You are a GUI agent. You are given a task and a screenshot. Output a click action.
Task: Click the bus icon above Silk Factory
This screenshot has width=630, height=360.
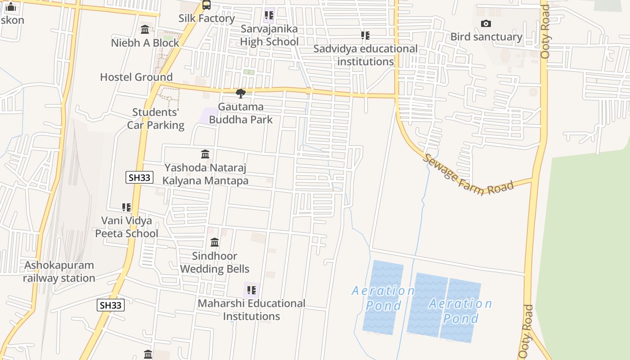click(206, 5)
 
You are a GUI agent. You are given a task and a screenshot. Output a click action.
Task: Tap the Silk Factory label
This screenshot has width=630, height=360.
click(207, 18)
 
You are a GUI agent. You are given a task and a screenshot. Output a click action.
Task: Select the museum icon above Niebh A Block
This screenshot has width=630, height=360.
click(145, 30)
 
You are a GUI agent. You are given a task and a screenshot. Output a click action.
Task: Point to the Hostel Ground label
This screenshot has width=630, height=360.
click(136, 77)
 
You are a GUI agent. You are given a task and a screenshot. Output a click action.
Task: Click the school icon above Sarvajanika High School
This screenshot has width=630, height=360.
click(269, 15)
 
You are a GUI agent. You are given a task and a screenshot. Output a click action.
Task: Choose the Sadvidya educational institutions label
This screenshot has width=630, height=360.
click(365, 55)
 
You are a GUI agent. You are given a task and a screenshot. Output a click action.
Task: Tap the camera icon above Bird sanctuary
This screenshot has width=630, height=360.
click(486, 24)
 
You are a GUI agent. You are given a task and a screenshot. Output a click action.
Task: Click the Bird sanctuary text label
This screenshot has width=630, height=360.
click(486, 37)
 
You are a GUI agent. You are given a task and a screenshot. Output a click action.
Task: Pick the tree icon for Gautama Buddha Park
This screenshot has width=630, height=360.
click(241, 94)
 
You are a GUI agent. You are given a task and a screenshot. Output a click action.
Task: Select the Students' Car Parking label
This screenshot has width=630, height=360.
click(156, 119)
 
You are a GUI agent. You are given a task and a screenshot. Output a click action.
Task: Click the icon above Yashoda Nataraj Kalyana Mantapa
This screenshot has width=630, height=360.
click(205, 154)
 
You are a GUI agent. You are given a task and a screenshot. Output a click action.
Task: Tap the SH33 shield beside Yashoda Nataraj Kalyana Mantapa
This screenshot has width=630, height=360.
click(139, 177)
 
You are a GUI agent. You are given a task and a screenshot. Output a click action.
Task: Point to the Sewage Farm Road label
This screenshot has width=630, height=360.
click(468, 175)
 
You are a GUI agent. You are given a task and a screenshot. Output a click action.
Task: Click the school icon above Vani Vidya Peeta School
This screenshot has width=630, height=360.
click(126, 207)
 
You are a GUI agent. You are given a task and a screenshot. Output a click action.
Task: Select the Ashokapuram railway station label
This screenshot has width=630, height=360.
click(59, 272)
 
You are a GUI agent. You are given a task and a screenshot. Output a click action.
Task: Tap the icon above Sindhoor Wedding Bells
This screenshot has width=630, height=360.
click(215, 243)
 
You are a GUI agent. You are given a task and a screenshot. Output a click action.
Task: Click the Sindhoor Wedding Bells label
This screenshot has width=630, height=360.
click(215, 262)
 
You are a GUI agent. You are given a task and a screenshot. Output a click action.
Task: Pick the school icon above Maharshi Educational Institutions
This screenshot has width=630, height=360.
click(252, 290)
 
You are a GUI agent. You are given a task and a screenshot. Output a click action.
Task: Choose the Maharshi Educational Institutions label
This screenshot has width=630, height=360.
click(252, 310)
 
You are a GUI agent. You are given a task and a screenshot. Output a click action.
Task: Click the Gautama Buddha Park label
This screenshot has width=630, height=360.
click(241, 113)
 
